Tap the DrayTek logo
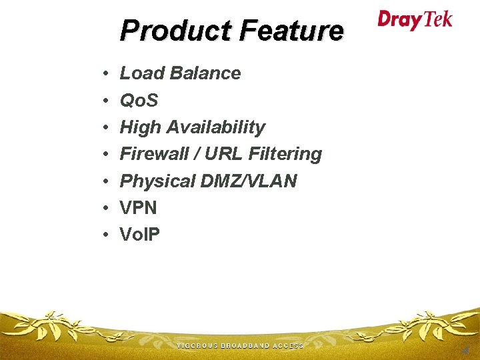point(415,19)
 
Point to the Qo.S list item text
point(139,101)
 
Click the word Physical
point(157,181)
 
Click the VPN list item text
point(138,207)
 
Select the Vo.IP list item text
point(139,234)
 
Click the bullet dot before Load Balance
point(106,74)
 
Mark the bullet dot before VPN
point(106,208)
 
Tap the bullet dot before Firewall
point(106,155)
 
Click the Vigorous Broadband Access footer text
point(240,346)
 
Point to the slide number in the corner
point(465,349)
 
